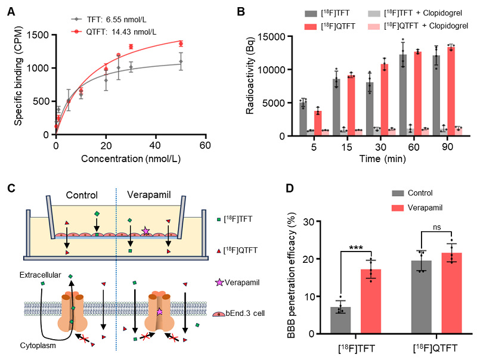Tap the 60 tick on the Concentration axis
point(206,145)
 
